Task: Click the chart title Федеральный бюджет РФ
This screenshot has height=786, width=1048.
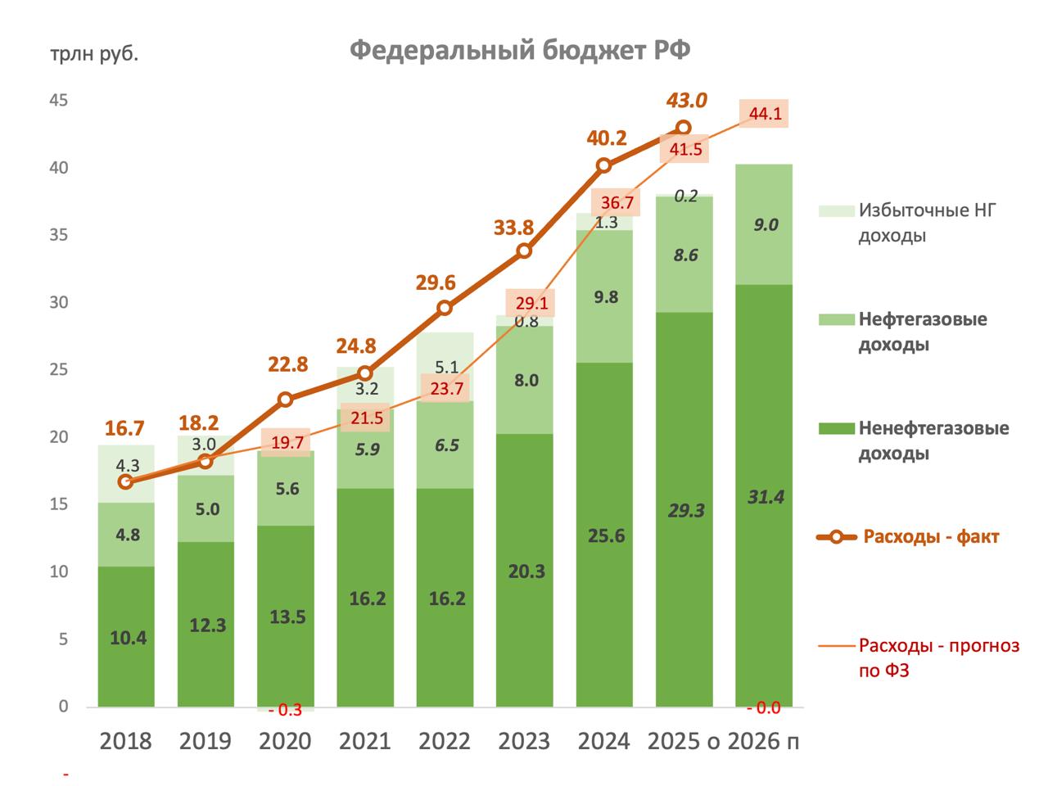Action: point(520,51)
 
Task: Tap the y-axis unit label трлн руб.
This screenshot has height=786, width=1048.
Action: point(94,55)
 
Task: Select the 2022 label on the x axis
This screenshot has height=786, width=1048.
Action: point(445,742)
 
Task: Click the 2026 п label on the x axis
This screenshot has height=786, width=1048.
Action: point(763,742)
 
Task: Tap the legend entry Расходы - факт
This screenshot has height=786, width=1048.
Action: point(930,537)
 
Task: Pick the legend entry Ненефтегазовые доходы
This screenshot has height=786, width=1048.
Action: point(933,440)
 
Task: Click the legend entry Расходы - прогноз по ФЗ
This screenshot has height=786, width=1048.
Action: point(938,657)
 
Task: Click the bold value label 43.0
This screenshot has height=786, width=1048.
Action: point(686,101)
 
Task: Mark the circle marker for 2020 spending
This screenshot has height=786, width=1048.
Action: point(285,400)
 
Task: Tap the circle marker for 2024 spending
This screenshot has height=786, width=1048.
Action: point(604,165)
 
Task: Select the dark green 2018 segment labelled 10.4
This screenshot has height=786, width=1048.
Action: point(126,637)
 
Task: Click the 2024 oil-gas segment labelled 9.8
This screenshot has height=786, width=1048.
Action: point(605,297)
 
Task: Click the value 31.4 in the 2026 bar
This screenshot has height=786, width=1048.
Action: point(765,496)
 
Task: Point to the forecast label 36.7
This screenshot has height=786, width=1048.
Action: point(617,202)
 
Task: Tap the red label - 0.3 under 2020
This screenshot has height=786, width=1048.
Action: point(286,710)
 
